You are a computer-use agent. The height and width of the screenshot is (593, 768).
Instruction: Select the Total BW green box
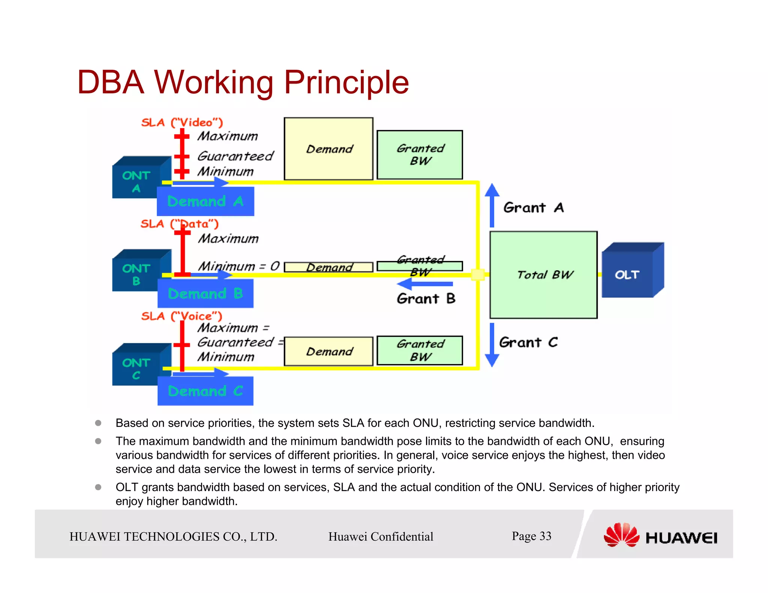(543, 275)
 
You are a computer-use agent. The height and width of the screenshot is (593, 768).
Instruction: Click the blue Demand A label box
(205, 202)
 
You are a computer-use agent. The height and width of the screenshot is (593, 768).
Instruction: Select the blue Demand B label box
(205, 294)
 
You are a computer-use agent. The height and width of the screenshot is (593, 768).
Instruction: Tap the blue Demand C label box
(205, 391)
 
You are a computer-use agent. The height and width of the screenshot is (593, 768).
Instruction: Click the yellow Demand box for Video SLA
(328, 149)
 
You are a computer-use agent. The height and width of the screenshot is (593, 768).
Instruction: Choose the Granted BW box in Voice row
(420, 350)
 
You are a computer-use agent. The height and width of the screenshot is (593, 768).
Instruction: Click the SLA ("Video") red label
(182, 123)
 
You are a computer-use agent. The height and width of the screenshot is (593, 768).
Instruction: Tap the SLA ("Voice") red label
(181, 316)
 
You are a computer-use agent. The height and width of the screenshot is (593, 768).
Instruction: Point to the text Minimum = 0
(238, 266)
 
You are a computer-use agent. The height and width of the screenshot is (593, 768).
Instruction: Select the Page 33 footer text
(531, 536)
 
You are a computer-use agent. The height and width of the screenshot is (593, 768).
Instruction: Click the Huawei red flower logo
(621, 535)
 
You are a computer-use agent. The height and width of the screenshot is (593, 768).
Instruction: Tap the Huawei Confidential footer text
(381, 536)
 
